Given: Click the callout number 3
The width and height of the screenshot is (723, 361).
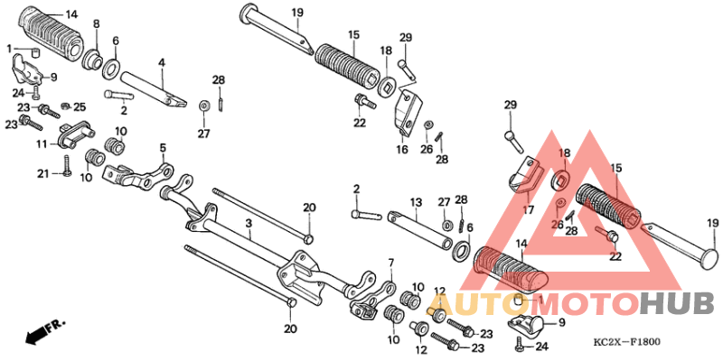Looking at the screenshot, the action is pos(249,224).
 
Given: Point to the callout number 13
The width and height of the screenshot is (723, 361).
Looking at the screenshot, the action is pos(416,202).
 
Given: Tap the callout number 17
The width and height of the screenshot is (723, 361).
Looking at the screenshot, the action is pos(528,210).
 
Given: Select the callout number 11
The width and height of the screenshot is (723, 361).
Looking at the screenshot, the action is pos(42,144).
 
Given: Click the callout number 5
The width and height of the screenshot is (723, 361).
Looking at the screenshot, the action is pos(163,148).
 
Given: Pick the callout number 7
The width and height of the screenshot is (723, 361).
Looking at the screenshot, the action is pos(391,264).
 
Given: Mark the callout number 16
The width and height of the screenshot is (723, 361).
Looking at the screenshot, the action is pos(402,150).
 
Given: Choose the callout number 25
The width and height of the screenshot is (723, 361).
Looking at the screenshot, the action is pos(80,107).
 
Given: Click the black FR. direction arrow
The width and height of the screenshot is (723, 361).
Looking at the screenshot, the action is pos(43,331).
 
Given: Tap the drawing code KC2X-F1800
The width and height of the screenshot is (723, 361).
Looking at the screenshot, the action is pos(626,343).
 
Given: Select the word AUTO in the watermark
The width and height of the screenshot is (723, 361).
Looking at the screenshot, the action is pos(478,304).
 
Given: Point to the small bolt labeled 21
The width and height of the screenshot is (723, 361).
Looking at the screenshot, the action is pos(67,165).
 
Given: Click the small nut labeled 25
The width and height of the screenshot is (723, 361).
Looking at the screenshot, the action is pos(65,106).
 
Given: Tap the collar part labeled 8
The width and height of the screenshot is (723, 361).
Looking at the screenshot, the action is pos(93,60).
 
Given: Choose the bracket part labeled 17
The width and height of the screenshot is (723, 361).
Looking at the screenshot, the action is pos(524,175).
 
